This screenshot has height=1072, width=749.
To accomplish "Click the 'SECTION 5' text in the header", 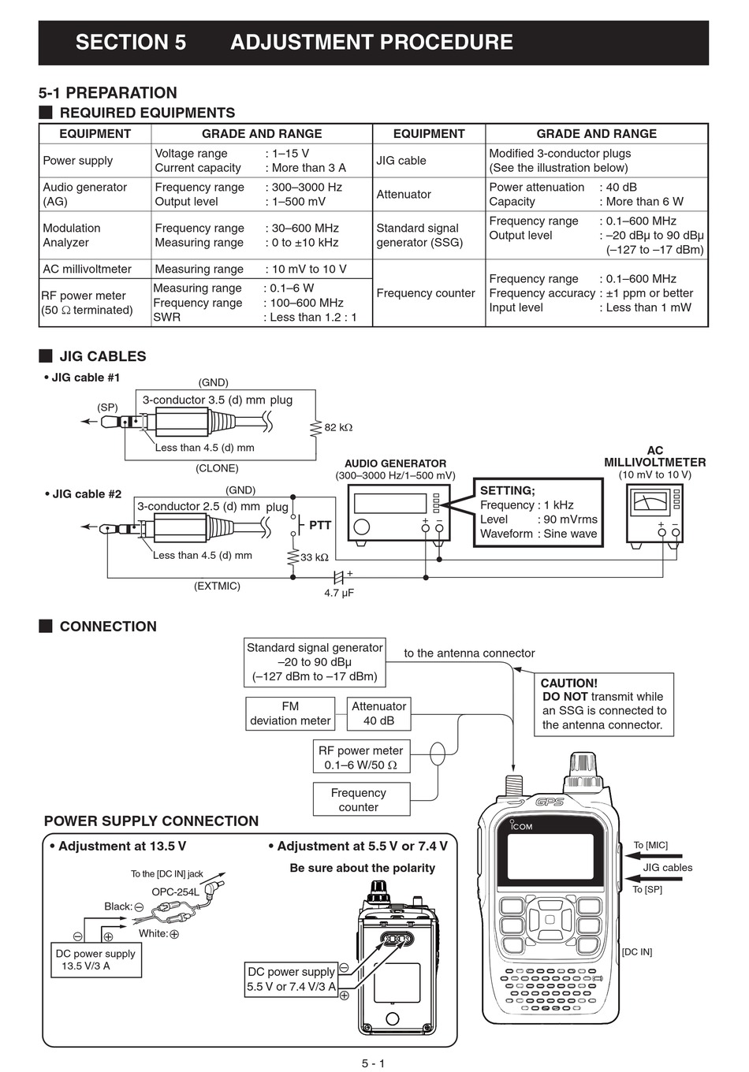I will [x=131, y=43].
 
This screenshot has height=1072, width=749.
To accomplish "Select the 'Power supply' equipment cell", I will [x=78, y=161].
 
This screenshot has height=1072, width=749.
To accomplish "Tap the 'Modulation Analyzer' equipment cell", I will [x=72, y=236].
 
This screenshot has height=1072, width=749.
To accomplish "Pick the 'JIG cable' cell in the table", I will [x=401, y=161].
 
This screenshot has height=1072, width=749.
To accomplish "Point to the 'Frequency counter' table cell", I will [x=426, y=293].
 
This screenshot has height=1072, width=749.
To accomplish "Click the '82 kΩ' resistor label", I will [x=338, y=427].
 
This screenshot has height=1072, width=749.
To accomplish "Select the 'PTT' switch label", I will [x=320, y=525].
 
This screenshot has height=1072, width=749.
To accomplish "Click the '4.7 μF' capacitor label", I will [x=339, y=592].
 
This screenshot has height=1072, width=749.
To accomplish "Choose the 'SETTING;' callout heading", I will [x=507, y=490].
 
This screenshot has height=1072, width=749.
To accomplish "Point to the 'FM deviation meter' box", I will [x=290, y=713].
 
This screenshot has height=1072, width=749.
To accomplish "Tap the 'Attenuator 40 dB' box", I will [x=379, y=713].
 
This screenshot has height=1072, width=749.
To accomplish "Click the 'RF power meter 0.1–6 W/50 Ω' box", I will [x=360, y=757].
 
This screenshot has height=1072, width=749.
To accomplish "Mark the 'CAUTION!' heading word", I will [x=569, y=683].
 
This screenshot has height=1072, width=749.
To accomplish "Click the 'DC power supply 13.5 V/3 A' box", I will [x=96, y=960].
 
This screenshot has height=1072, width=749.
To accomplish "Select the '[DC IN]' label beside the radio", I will [x=637, y=952].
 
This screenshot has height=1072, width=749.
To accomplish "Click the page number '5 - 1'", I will [x=374, y=1063].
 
